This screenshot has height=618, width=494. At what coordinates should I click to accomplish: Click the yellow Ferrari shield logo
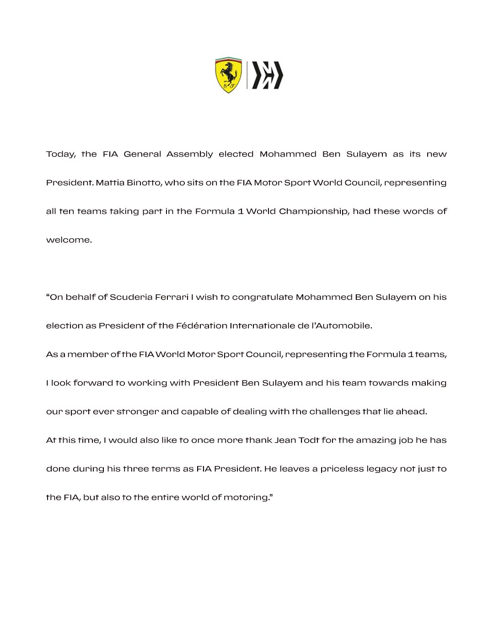click(x=228, y=75)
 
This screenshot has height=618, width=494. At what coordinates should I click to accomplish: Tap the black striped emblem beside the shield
click(x=268, y=75)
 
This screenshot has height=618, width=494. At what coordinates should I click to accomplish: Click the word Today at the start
click(x=61, y=154)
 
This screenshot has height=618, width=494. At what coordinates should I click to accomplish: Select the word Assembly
click(x=190, y=154)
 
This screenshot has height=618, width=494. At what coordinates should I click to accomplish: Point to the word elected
click(x=236, y=154)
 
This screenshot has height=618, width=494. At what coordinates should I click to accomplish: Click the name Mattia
click(x=110, y=183)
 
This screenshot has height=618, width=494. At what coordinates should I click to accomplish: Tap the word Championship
click(x=314, y=211)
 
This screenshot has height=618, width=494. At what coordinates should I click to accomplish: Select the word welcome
click(x=69, y=240)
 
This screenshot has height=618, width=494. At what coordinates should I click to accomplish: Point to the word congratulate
click(x=263, y=298)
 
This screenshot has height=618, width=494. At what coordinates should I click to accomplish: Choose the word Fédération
click(x=202, y=325)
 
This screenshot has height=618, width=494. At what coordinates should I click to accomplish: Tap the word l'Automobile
click(x=342, y=325)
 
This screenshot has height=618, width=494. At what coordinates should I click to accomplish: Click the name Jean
click(x=285, y=440)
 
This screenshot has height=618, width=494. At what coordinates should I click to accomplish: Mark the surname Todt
click(x=309, y=440)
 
